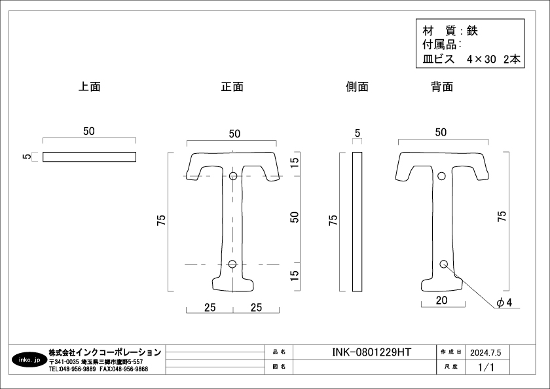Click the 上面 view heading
point(90,86)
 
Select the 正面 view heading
point(232,86)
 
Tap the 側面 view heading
point(357,86)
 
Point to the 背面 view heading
point(442,86)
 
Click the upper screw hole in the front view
point(233,176)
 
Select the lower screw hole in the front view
point(232,264)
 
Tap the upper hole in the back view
point(441,176)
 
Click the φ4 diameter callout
point(504,303)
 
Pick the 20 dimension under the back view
point(441,300)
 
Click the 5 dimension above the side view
point(357,134)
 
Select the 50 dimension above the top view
point(89,131)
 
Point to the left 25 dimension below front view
point(210,308)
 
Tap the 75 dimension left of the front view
point(161,220)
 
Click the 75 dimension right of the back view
point(502,216)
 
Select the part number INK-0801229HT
point(371,352)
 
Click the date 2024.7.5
point(485,352)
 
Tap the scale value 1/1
point(486,367)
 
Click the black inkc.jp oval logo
point(29,360)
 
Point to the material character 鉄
point(472,31)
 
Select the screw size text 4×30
point(481,60)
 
